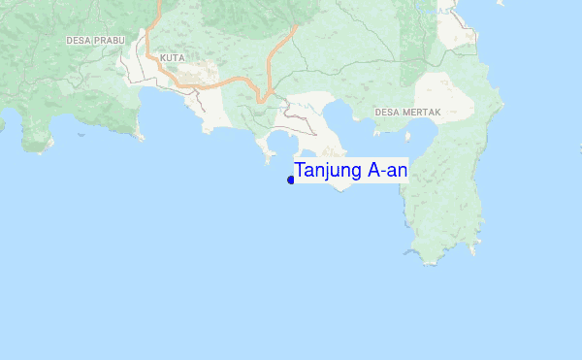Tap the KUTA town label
click(x=172, y=58)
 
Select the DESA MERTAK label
click(x=407, y=113)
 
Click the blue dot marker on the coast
click(x=291, y=180)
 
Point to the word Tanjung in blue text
click(x=328, y=172)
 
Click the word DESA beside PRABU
click(x=78, y=41)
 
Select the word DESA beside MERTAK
click(x=387, y=113)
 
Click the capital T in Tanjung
click(x=301, y=171)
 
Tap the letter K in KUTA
click(x=163, y=58)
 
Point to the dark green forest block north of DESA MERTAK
click(x=412, y=49)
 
